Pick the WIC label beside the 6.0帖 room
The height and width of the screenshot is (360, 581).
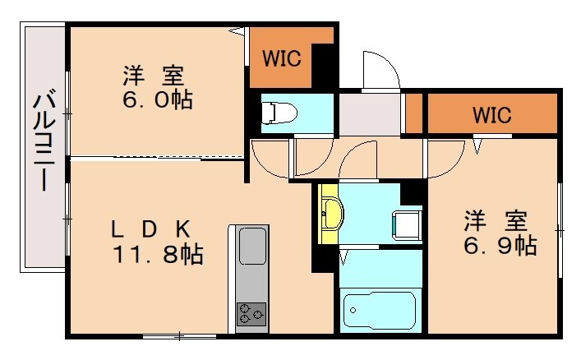[281, 58]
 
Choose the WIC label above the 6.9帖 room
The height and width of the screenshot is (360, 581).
[491, 115]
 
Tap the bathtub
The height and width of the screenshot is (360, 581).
[379, 311]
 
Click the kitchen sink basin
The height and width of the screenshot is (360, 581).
[251, 245]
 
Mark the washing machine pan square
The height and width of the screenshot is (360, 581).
[406, 224]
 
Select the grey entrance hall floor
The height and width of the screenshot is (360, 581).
[369, 114]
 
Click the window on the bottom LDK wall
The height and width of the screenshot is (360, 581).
[179, 335]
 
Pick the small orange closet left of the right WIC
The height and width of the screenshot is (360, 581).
[414, 113]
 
